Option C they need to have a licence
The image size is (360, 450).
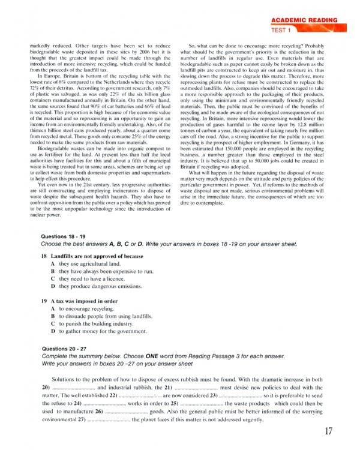click(96, 279)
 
